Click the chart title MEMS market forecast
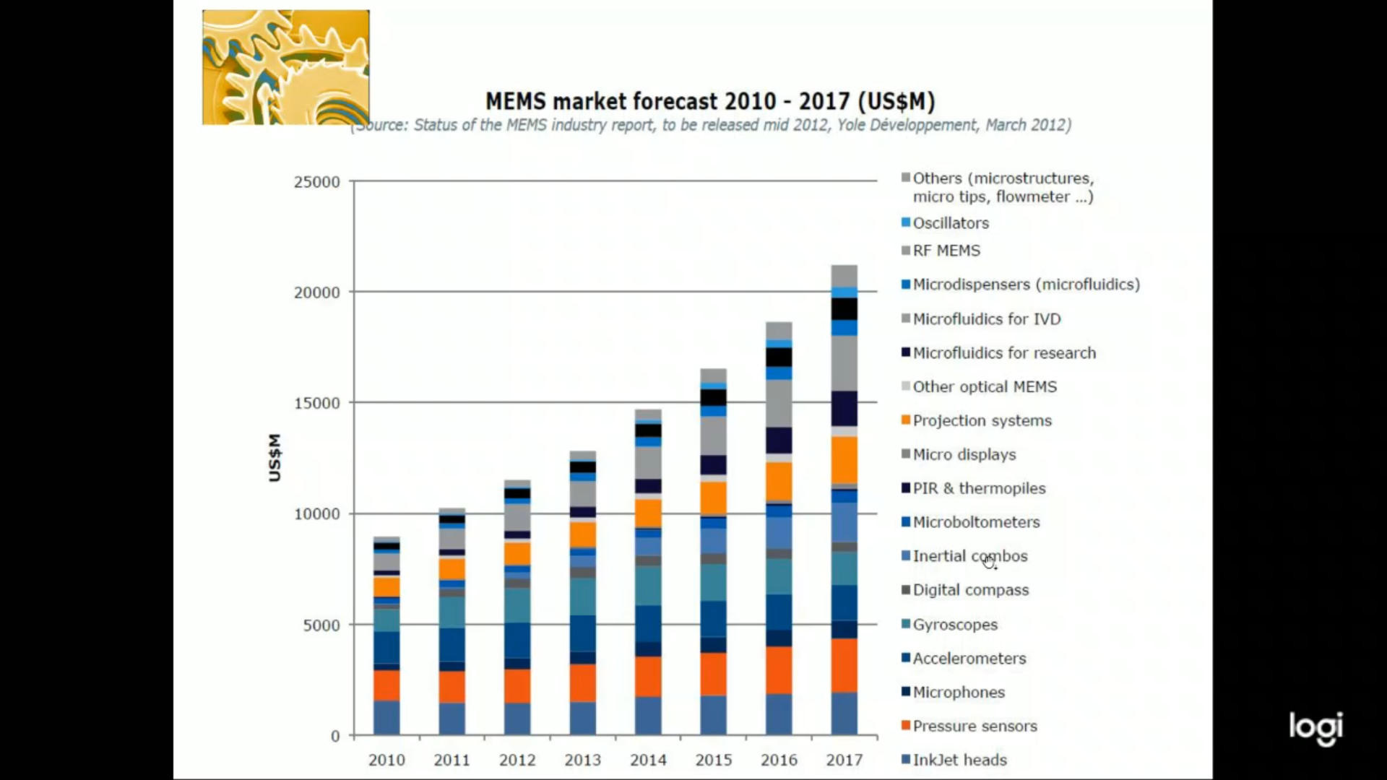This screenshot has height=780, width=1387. coord(709,101)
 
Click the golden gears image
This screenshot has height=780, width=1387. coord(285,67)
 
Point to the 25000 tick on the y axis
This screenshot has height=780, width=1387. coord(316,182)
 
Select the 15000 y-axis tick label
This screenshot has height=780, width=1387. coord(316,403)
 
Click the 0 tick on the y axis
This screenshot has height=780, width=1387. coord(335,736)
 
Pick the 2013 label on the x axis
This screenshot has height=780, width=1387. coord(582,760)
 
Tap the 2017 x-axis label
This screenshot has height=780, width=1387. coord(844,760)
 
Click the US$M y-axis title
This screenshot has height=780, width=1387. coord(275,457)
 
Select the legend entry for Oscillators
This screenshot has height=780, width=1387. coord(950,223)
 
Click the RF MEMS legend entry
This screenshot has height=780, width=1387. coord(946,251)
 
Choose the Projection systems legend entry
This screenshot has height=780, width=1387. coord(982,420)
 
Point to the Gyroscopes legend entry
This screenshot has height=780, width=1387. coord(954,625)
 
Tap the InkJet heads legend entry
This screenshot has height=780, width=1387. coord(959,760)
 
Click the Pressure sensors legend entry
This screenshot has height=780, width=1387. coord(975,726)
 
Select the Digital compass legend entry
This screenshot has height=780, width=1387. coord(970,590)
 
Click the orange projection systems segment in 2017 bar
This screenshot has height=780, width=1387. coord(844,459)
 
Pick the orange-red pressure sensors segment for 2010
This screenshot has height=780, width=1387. coord(386,685)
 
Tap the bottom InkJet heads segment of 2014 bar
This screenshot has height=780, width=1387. coord(648,715)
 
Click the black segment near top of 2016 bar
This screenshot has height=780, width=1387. coord(779,357)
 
